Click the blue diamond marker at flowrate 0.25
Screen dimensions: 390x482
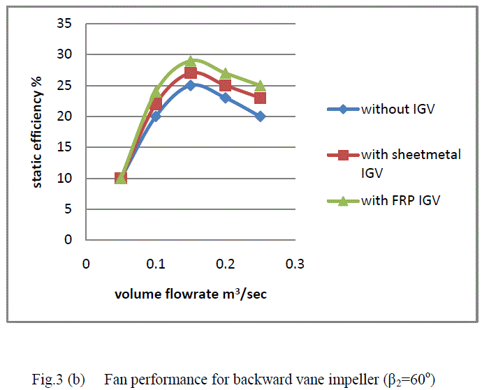(260, 117)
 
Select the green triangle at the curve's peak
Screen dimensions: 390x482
(190, 61)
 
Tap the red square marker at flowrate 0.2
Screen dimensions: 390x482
(225, 85)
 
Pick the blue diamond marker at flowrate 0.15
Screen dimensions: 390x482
(190, 86)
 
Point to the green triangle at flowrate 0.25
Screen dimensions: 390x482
(260, 86)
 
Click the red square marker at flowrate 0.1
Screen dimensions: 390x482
(156, 104)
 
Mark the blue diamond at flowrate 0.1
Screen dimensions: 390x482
(156, 116)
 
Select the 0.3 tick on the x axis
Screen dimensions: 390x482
(295, 265)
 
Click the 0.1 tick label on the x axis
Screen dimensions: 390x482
(156, 265)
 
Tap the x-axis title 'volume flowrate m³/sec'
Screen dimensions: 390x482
(191, 294)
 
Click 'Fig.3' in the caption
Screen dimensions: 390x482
(47, 380)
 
